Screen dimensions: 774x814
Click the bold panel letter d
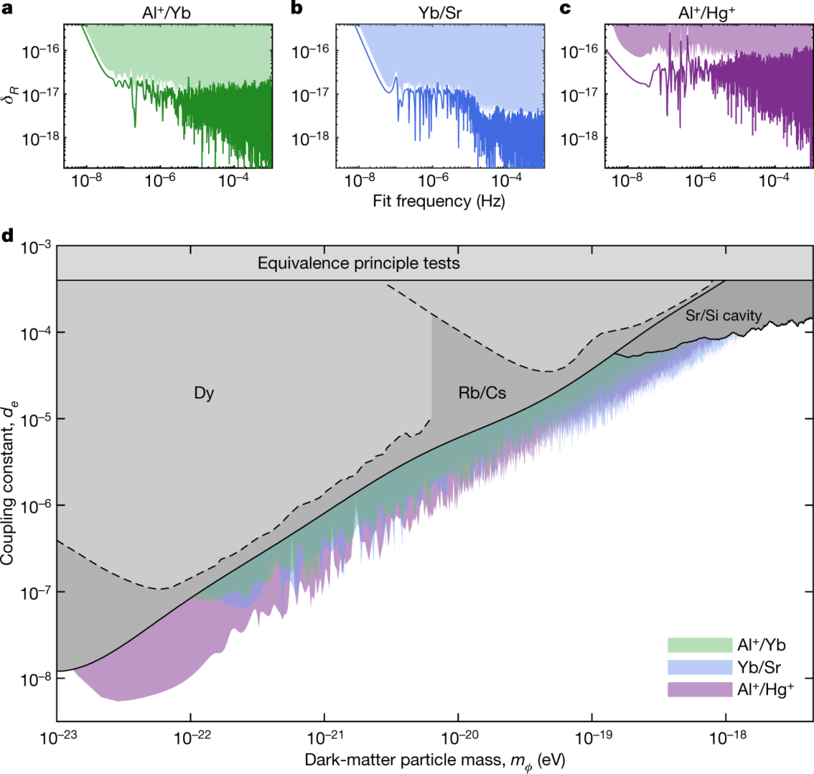click(7, 235)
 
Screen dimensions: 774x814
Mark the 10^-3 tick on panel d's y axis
click(33, 246)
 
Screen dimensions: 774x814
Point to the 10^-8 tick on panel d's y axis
click(33, 678)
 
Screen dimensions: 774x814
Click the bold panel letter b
click(296, 10)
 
